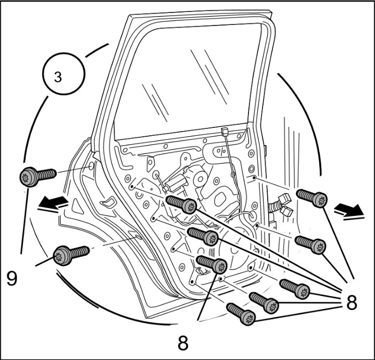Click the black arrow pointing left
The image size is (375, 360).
pos(53,203)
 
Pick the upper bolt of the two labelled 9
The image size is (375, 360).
pos(37,176)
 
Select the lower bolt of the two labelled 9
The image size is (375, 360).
pos(71,254)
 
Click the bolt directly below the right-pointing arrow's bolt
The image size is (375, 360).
pos(310,244)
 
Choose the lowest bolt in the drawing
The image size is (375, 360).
pos(241,314)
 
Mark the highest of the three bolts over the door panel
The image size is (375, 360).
pos(181,203)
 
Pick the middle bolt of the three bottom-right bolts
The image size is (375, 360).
pos(264,302)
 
